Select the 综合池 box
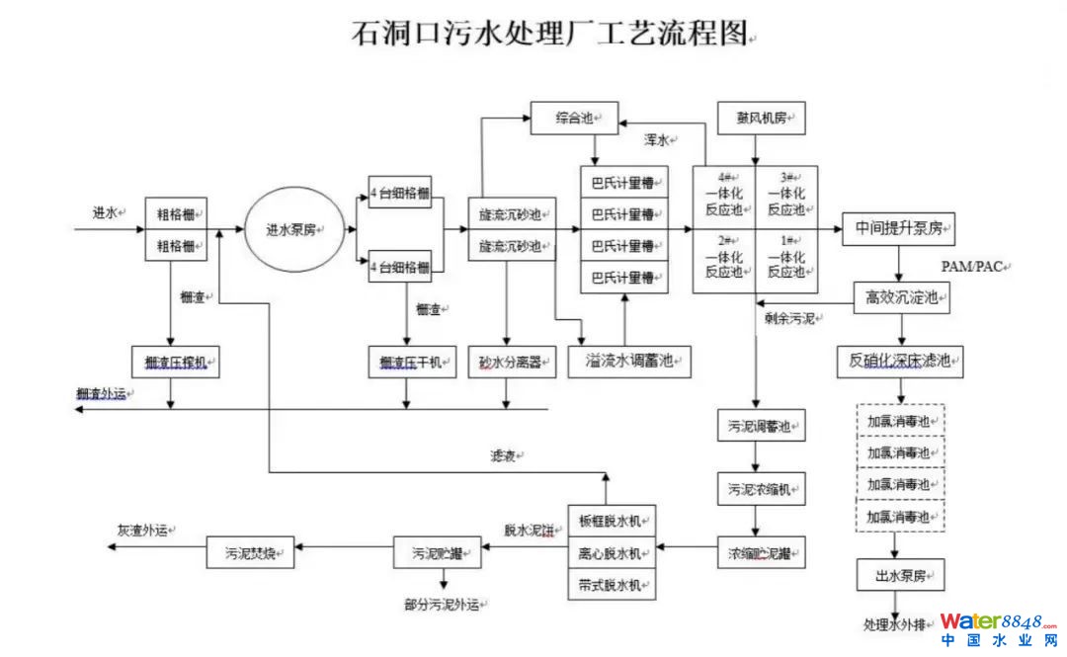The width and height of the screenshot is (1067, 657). point(574,119)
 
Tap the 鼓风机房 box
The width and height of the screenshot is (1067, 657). point(762,119)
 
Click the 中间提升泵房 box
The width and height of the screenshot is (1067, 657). point(898,229)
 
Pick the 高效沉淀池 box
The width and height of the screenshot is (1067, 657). point(900,295)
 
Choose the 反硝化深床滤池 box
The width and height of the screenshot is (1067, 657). point(900,361)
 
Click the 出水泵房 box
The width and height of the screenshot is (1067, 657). point(899,574)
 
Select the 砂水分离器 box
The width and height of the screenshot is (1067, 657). point(507,362)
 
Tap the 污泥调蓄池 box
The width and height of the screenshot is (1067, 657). point(760,426)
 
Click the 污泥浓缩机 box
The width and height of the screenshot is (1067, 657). point(760,488)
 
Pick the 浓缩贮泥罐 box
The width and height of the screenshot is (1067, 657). point(760,552)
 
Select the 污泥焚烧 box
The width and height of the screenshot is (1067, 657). point(251,552)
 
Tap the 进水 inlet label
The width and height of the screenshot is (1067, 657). point(106,212)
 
